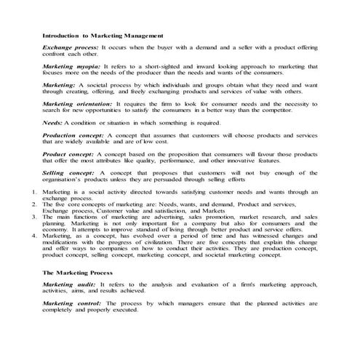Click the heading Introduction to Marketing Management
(103, 34)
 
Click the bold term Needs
(53, 124)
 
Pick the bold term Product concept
(68, 155)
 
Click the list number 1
(35, 192)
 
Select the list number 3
(35, 217)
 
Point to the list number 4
(35, 236)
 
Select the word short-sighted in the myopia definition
(164, 65)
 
